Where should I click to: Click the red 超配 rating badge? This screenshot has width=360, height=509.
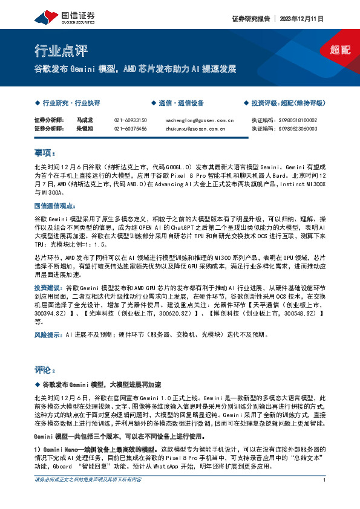click(340, 50)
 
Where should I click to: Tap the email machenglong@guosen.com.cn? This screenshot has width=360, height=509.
click(199, 120)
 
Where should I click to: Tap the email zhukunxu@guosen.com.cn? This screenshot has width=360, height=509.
click(195, 129)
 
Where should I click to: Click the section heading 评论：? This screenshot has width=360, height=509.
click(45, 369)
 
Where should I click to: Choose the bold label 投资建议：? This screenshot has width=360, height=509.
click(48, 288)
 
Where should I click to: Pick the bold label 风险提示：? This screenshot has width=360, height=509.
click(48, 334)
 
